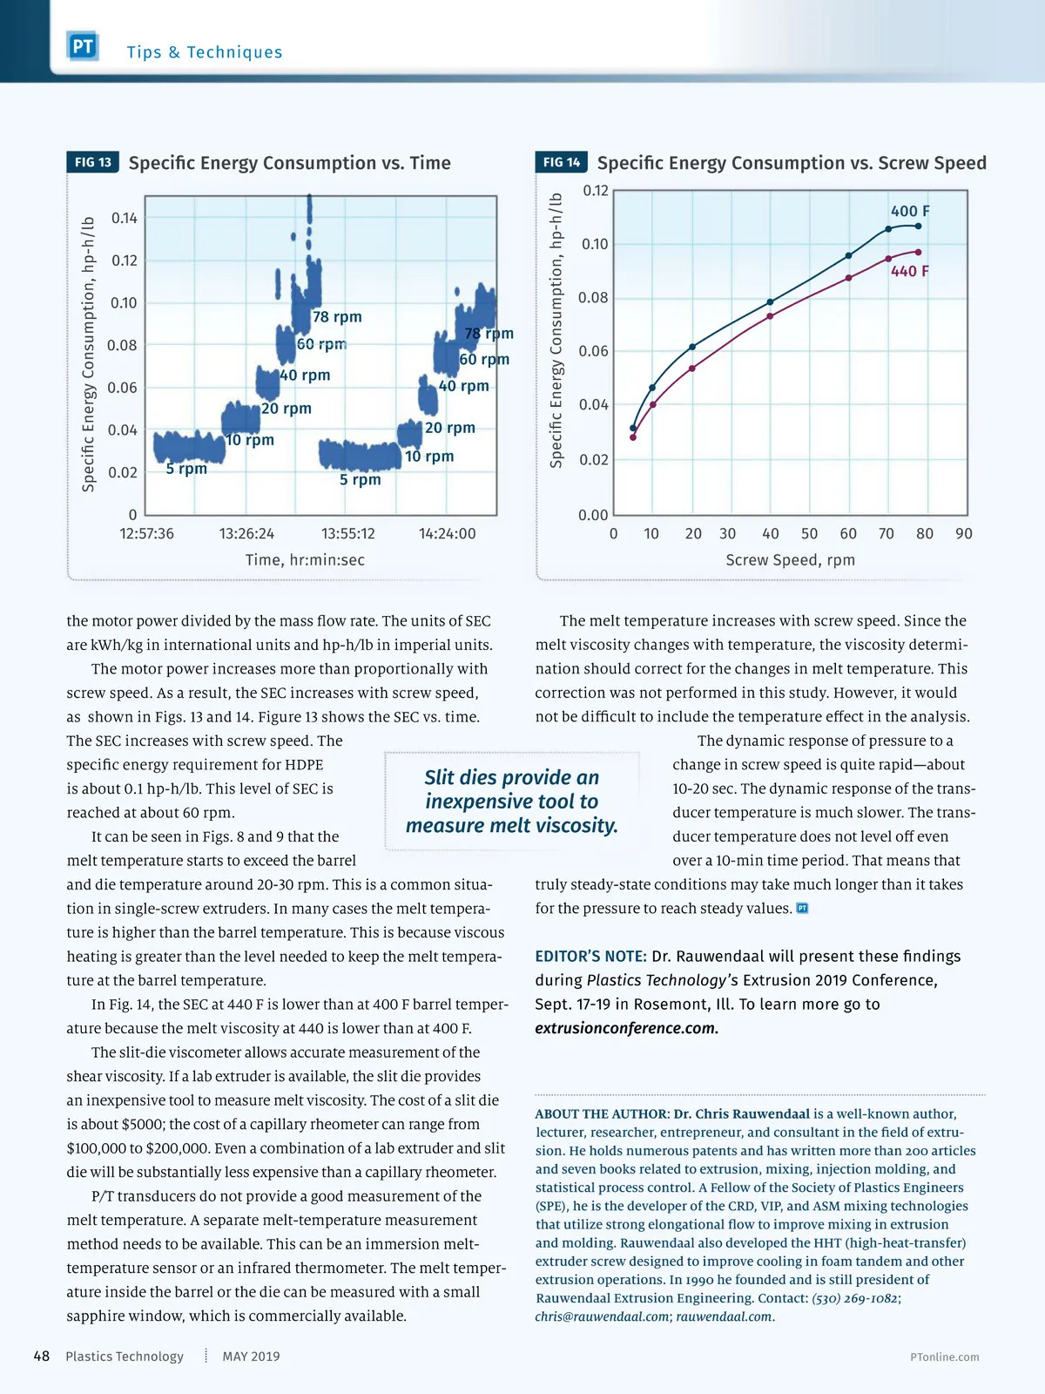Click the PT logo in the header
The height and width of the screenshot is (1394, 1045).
click(x=83, y=46)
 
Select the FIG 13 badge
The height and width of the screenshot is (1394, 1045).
click(x=92, y=162)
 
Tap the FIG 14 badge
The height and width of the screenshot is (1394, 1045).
click(x=561, y=162)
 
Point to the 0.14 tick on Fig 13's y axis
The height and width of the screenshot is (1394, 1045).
click(x=124, y=218)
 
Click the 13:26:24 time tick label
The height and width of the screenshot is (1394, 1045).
click(x=246, y=533)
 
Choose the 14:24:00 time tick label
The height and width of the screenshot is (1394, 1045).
click(x=447, y=533)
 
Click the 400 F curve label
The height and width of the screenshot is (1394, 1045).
click(x=910, y=211)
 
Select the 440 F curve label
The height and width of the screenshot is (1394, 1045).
click(x=910, y=271)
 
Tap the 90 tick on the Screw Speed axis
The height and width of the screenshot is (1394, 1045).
click(x=963, y=533)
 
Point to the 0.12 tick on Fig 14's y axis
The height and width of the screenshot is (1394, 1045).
click(x=596, y=191)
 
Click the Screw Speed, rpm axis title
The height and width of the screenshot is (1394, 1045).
click(x=790, y=559)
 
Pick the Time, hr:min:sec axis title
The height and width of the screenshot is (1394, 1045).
click(x=305, y=559)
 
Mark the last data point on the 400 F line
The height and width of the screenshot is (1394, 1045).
click(x=918, y=227)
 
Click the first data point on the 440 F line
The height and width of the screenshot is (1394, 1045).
click(x=633, y=436)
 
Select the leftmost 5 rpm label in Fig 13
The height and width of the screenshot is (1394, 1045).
click(x=186, y=469)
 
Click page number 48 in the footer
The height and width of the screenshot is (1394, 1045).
click(x=41, y=1356)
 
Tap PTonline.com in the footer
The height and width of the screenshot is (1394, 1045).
click(x=944, y=1357)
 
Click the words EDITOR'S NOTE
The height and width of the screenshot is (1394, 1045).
click(x=590, y=956)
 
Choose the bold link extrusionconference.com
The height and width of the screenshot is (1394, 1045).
click(x=626, y=1028)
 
